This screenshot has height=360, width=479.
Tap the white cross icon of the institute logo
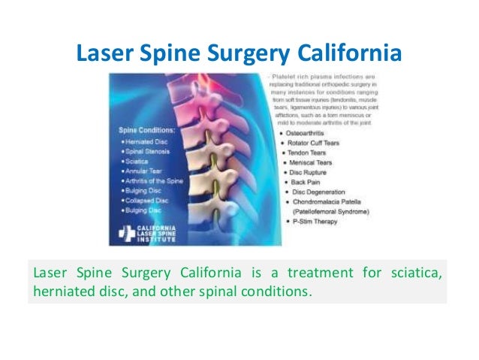pyautogui.click(x=124, y=234)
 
